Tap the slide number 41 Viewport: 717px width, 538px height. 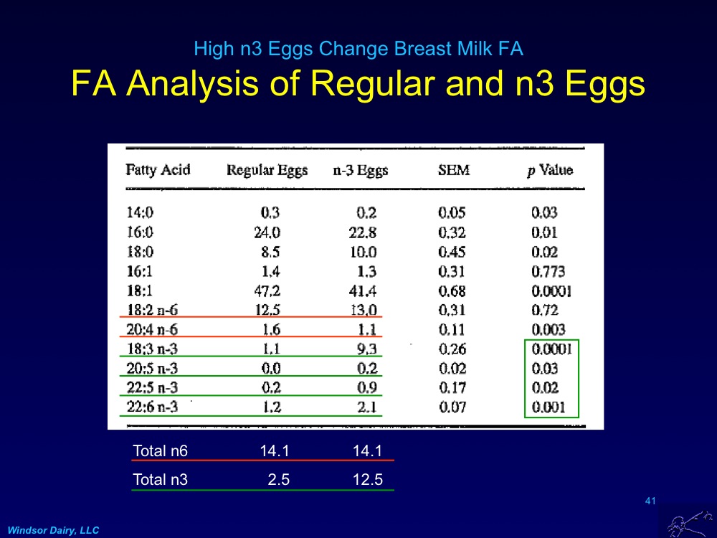click(x=651, y=501)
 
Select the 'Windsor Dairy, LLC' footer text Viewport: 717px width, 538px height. click(x=54, y=530)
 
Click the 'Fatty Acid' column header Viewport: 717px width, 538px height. click(x=158, y=170)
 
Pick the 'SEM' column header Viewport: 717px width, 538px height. click(x=454, y=170)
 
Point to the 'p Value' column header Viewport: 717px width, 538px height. click(x=550, y=170)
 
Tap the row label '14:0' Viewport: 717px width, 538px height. click(x=141, y=213)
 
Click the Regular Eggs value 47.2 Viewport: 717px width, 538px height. click(x=267, y=291)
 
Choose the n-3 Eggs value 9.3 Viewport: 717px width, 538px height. click(x=366, y=349)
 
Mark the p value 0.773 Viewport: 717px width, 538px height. click(x=548, y=271)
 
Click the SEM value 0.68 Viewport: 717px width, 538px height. click(x=452, y=291)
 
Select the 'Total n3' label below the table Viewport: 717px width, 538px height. click(x=160, y=480)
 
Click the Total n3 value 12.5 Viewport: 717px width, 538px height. click(x=367, y=480)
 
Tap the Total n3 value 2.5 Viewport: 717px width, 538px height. click(x=278, y=480)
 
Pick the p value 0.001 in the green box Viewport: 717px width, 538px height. click(x=549, y=407)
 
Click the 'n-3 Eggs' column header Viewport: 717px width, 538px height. click(x=360, y=170)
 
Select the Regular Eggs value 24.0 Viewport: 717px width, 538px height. click(x=267, y=232)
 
